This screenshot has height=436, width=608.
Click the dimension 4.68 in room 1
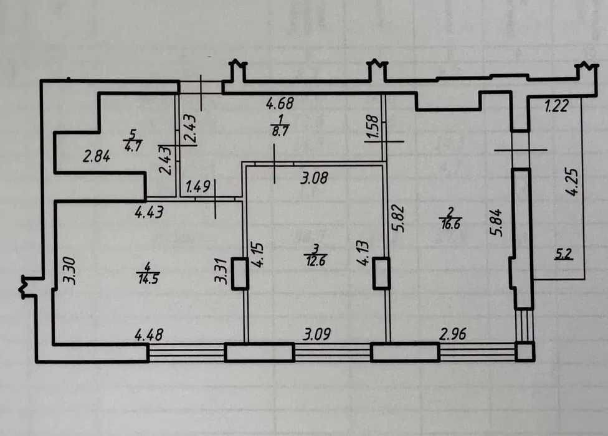pos(280,103)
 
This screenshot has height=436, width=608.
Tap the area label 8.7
pos(280,131)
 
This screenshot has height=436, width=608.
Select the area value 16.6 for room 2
pos(450,224)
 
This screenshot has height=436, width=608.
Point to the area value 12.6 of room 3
pos(315,261)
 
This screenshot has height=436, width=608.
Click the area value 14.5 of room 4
pos(148,278)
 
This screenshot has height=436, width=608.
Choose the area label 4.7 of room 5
pos(133,146)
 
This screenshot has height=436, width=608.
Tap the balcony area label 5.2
pos(564,254)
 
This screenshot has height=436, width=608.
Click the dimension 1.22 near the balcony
pos(556,105)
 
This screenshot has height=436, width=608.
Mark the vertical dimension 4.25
pos(571,181)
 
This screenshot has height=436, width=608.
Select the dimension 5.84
pos(497,223)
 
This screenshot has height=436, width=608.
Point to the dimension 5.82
pos(399,219)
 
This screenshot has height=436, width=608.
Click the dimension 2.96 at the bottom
pos(453,334)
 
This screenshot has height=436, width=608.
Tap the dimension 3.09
pos(317,334)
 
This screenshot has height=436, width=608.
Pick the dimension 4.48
pos(149,335)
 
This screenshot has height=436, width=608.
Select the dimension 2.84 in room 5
pos(97,156)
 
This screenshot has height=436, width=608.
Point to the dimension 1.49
pos(197,187)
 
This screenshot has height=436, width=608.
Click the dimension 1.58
pos(372,126)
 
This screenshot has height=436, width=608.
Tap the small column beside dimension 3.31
pos(240,273)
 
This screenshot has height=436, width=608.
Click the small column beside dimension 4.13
pos(381,273)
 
